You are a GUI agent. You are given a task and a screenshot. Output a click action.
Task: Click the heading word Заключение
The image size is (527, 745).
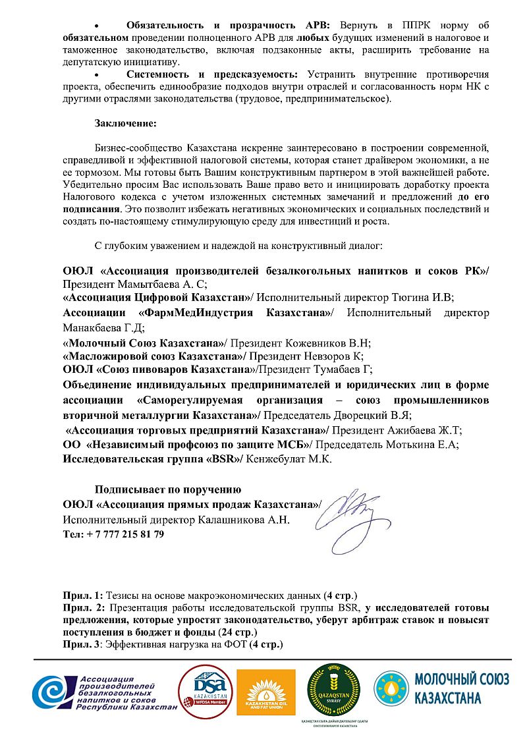125,123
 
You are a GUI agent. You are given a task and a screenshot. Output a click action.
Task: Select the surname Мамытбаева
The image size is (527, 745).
146,285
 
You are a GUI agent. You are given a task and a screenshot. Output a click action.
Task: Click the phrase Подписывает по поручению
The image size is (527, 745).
168,489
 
